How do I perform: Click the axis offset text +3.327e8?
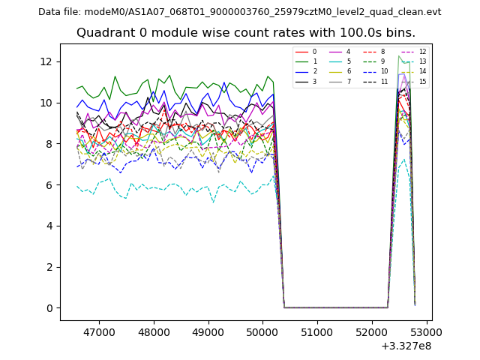click(406, 346)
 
